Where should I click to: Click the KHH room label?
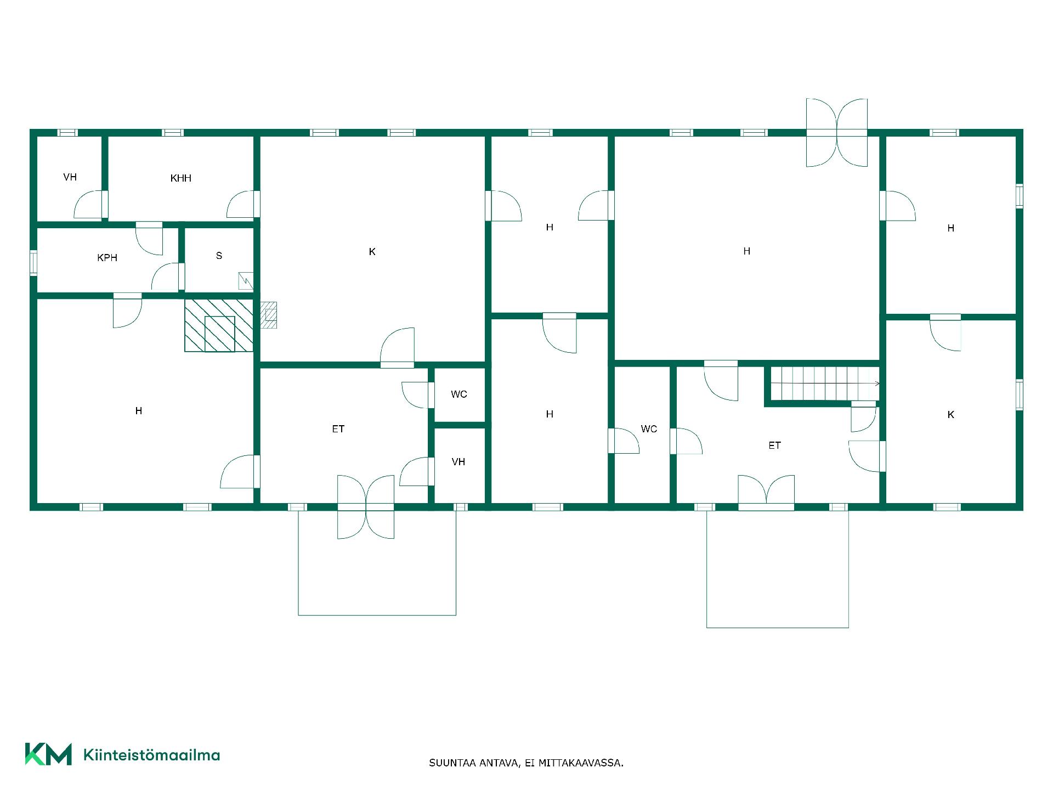point(181,178)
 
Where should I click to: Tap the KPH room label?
point(107,258)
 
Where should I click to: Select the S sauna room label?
point(219,256)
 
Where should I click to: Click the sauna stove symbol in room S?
point(246,281)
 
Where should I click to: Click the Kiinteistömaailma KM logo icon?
point(48,754)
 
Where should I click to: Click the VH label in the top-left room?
point(70,177)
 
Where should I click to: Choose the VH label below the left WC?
point(458,462)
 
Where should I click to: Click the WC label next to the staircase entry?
point(649,429)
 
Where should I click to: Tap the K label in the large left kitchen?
point(372,252)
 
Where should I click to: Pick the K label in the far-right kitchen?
point(951,415)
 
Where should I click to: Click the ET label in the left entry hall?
point(338,429)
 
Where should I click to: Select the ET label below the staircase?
point(774,445)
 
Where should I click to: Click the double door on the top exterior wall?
point(837,132)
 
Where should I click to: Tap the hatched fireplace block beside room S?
point(219,325)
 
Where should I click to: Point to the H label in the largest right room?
point(746,251)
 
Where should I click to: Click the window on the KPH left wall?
point(33,262)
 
